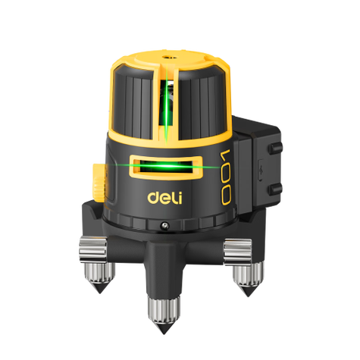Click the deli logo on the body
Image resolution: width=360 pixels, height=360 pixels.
(x=164, y=198)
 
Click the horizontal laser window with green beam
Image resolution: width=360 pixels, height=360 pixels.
(x=166, y=167)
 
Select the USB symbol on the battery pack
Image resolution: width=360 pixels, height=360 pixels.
(x=261, y=171)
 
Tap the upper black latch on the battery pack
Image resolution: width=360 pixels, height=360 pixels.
(x=275, y=148)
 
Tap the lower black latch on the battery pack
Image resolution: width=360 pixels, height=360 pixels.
(x=275, y=189)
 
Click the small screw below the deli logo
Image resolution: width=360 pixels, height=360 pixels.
(x=164, y=225)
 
